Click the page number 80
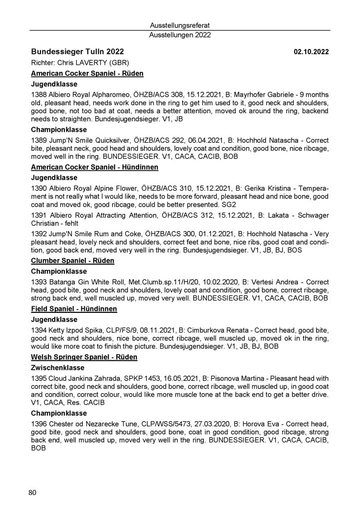coord(32,493)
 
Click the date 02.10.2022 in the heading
coord(312,52)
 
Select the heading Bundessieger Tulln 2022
coord(77,52)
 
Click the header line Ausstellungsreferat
coord(180,25)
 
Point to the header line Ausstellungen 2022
coord(180,35)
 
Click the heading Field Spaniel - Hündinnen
coord(74,309)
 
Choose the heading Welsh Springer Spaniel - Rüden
coord(84,358)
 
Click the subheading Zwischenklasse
coord(56,368)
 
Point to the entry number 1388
coord(39,95)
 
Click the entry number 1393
coord(39,282)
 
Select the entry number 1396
coord(39,424)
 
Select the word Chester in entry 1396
coord(62,424)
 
